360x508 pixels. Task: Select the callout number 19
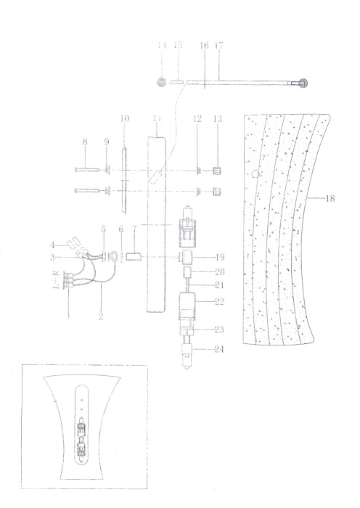point(218,258)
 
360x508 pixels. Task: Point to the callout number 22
point(218,300)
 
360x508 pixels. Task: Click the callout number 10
point(124,118)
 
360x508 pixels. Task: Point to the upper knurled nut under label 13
point(216,172)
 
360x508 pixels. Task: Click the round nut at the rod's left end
point(161,83)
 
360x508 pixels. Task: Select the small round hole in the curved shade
point(254,173)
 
